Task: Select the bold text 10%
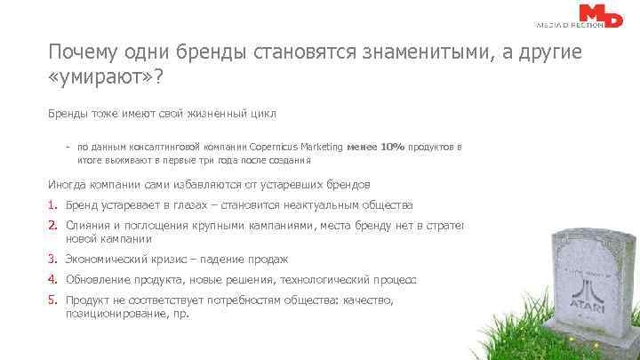coord(393,145)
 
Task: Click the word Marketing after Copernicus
coord(320,145)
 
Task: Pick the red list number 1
coord(52,204)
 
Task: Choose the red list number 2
coord(52,226)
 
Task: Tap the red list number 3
coord(52,260)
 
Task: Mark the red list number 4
coord(52,280)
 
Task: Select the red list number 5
coord(52,301)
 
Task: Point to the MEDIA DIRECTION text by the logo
coord(570,25)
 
